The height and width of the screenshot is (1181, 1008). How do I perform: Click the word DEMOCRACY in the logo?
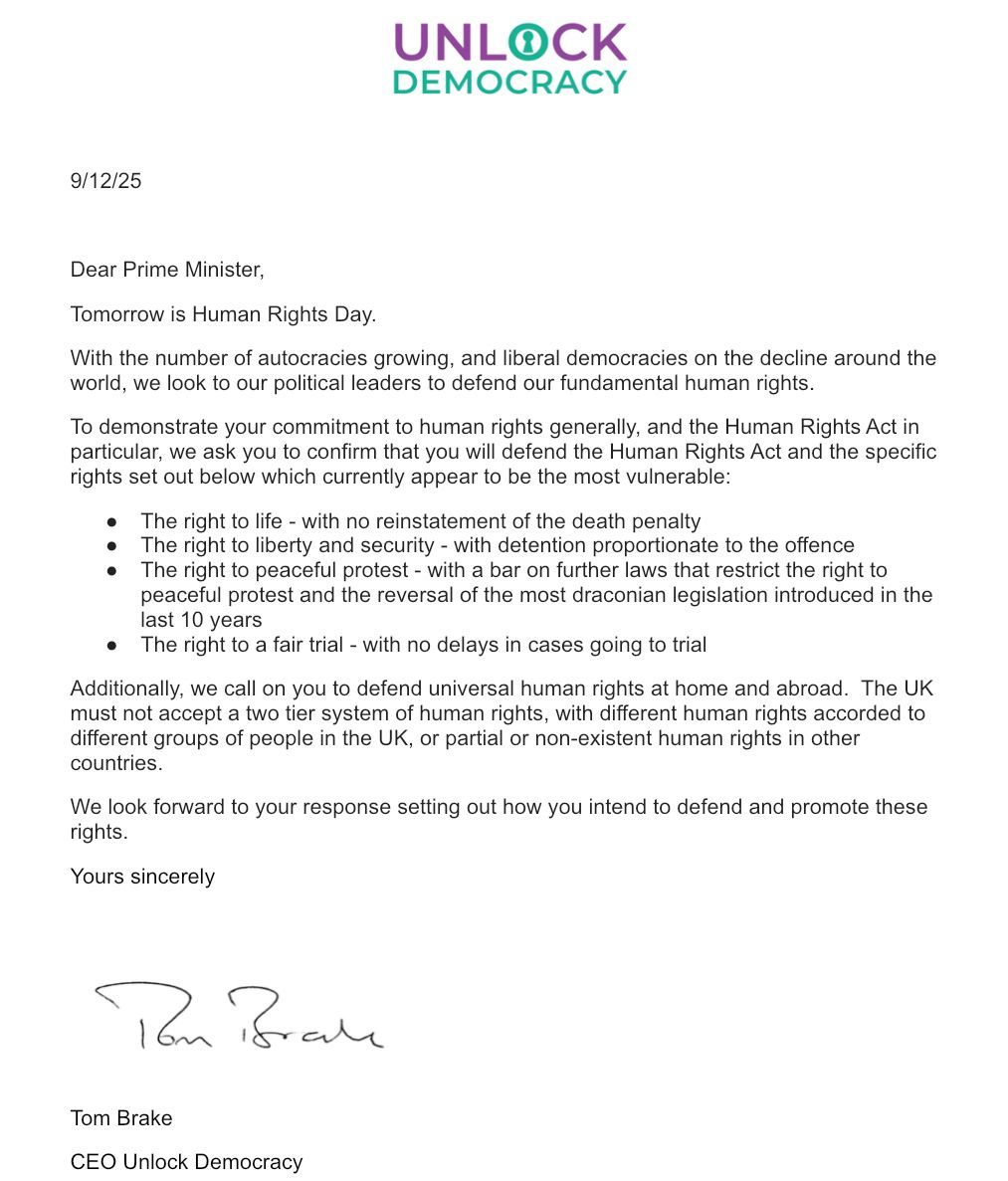(509, 82)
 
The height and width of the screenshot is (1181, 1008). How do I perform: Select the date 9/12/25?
(105, 181)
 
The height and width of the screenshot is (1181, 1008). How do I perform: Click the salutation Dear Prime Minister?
(167, 270)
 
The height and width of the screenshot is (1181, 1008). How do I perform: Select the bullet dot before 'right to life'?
(112, 521)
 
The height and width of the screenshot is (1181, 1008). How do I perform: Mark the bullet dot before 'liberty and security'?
(112, 546)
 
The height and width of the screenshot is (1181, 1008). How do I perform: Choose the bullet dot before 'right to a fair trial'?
(112, 645)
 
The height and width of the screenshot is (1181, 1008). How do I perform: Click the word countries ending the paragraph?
(114, 763)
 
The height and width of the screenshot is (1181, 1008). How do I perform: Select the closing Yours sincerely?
(142, 877)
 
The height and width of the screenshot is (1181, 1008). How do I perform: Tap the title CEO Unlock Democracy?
(186, 1162)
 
